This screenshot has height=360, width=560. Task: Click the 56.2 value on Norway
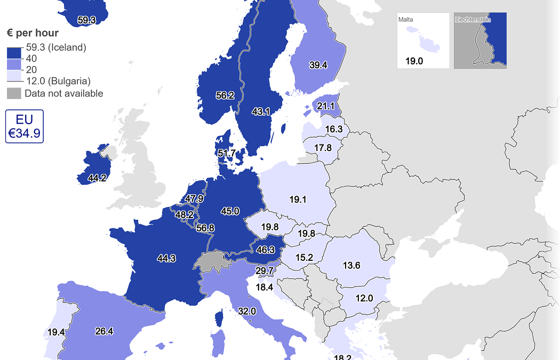pos(225,95)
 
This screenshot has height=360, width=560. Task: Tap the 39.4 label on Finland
pos(318,65)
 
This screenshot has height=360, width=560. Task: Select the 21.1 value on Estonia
pos(325,106)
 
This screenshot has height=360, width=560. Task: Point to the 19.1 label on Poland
pos(298,199)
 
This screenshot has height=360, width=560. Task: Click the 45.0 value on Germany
pos(230,211)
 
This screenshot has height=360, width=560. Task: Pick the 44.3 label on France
pos(166,259)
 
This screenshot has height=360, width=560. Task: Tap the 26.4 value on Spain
pos(104,331)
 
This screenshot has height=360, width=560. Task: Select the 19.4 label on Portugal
pos(56,332)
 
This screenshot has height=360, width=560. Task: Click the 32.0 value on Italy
pos(247,311)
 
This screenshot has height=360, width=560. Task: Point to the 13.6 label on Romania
pos(351,265)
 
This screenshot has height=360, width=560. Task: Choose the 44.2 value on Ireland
pos(97,178)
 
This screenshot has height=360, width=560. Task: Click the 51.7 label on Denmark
pos(227,153)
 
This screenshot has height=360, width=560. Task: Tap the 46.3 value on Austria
pos(265,249)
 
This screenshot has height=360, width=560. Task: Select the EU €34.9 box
pos(25,126)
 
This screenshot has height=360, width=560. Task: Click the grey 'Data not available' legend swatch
pos(14,94)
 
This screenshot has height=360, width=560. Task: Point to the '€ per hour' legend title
pos(33,33)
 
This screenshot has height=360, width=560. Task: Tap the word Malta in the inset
pos(406,20)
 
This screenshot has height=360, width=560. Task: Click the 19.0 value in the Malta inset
pos(414,61)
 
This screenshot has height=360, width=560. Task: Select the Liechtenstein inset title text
pos(473,20)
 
